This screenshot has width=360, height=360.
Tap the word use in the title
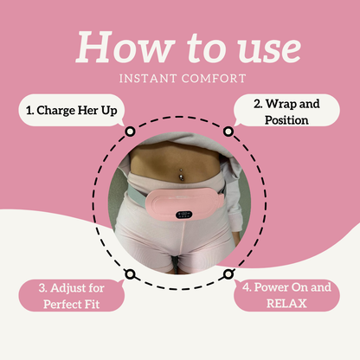269,50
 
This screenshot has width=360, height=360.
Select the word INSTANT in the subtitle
148,79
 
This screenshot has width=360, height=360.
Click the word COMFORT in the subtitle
214,79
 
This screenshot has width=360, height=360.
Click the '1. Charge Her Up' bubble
71,110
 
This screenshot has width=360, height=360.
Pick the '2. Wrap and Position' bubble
286,110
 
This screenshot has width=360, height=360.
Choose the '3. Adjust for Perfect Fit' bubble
71,295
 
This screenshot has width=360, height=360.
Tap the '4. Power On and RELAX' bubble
286,295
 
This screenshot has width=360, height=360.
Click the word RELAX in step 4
286,304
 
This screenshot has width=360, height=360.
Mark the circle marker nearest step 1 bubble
130,132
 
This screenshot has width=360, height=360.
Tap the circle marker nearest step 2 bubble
228,132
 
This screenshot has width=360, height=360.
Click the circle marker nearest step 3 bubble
130,273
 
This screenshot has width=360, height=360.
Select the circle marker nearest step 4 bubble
228,273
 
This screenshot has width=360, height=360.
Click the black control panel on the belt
184,215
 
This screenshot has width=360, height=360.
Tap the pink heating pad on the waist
184,204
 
